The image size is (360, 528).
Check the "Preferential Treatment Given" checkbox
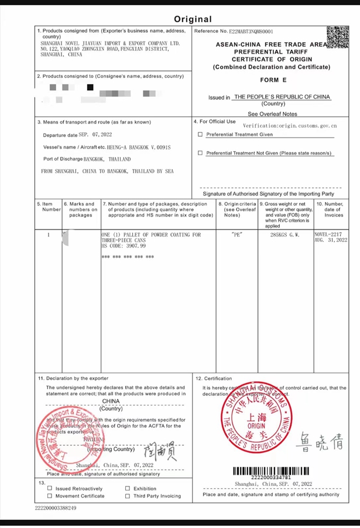[x=200, y=134]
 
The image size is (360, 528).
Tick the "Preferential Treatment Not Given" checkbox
[x=200, y=153]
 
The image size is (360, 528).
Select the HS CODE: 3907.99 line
[x=124, y=246]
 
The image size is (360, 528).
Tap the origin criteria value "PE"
[x=237, y=234]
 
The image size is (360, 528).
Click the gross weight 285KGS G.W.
[x=284, y=234]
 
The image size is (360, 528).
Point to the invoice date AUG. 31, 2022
[x=331, y=240]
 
